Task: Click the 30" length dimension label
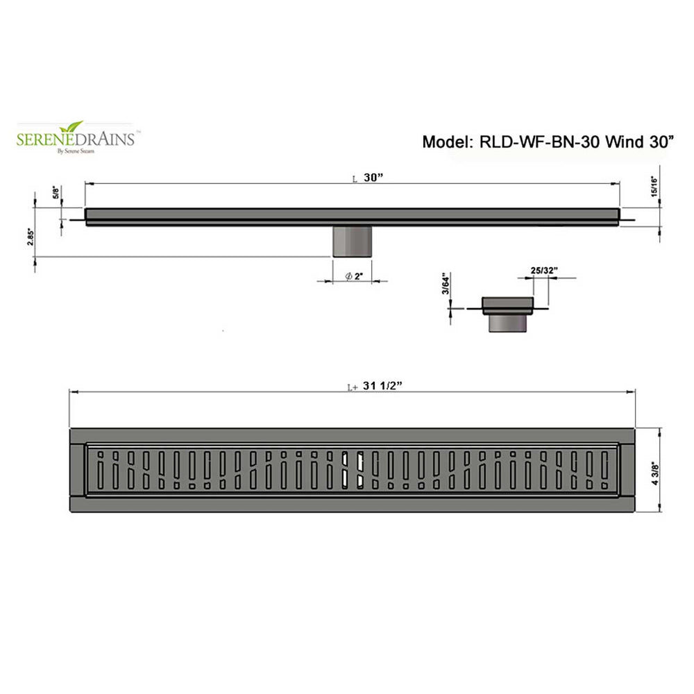coord(373,178)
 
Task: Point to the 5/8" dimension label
coord(56,192)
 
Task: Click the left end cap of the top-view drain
coord(77,471)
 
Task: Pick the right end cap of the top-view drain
coord(627,471)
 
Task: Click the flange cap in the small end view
coord(508,305)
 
